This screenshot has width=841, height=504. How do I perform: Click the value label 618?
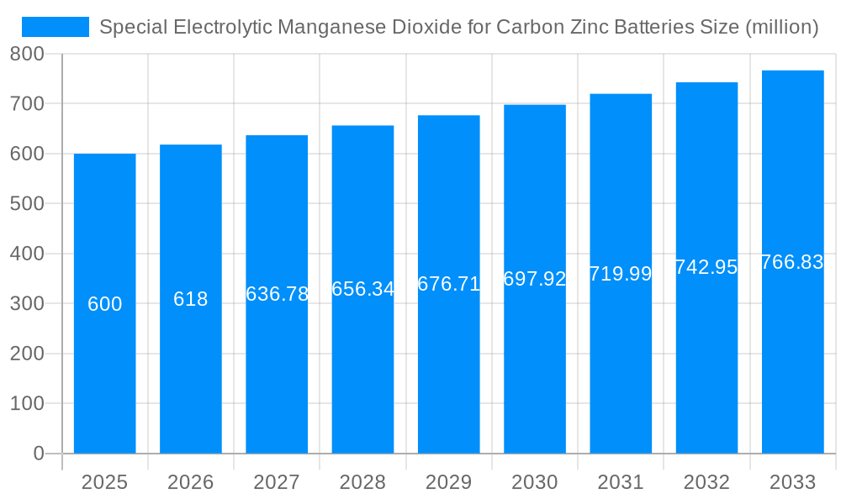(x=191, y=299)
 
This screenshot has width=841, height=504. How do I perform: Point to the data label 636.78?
(x=277, y=294)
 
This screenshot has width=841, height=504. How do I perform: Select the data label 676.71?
(x=448, y=284)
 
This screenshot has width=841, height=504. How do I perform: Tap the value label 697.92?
(x=535, y=279)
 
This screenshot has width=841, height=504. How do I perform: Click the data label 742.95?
(x=706, y=267)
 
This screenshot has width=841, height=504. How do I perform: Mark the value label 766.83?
(x=792, y=262)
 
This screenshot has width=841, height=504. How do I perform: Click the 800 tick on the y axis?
(x=27, y=55)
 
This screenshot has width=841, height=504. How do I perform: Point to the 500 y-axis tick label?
(x=27, y=204)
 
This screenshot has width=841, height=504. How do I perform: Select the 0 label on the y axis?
(x=38, y=454)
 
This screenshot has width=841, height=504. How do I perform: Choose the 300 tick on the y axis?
(x=27, y=304)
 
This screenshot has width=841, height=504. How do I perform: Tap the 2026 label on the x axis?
(x=191, y=482)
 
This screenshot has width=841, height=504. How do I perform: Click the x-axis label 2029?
(x=448, y=482)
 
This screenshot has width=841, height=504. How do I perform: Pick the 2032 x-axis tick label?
(x=706, y=482)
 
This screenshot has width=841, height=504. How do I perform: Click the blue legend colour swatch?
(x=56, y=27)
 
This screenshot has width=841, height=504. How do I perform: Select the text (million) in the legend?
(x=782, y=27)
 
